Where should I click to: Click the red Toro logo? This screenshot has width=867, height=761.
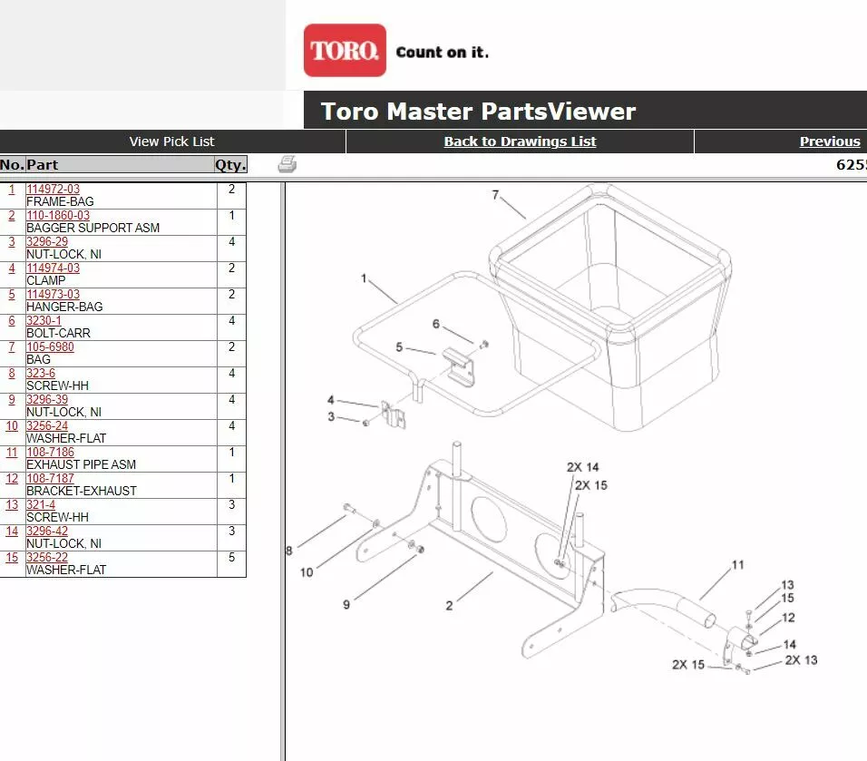point(345,51)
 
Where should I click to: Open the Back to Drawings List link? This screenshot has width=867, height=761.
point(520,141)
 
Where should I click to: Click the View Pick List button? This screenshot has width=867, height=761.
point(172,141)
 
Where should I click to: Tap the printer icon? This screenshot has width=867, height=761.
point(287,164)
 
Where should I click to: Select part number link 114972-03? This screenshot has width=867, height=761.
point(53,190)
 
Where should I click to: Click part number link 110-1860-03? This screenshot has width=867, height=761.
point(58,216)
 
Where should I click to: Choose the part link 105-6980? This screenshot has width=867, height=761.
point(50,347)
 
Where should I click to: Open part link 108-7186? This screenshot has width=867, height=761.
point(50,453)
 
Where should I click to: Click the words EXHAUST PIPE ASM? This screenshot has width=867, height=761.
point(81,464)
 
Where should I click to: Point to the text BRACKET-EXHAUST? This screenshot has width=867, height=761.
point(81,491)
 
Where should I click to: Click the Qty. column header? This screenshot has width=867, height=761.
point(230,165)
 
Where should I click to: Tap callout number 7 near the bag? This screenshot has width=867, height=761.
point(496,195)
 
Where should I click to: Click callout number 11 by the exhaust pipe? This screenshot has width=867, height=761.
point(738,565)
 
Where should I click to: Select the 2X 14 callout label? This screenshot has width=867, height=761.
point(583,467)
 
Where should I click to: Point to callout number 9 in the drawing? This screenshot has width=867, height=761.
point(346,605)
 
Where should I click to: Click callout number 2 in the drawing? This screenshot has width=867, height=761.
point(449,605)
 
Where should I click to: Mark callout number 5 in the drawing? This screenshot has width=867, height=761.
point(399,347)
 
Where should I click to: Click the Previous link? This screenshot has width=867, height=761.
point(830,141)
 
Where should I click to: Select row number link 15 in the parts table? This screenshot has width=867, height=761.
point(12,558)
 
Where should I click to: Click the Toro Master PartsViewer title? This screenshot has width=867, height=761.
point(478,112)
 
